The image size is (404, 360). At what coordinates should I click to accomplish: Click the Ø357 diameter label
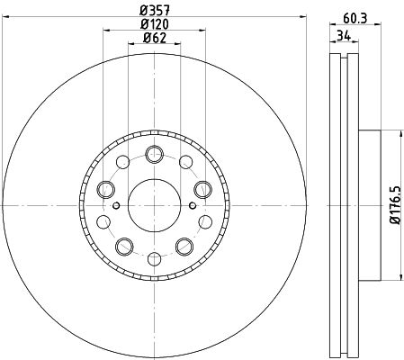[155, 11]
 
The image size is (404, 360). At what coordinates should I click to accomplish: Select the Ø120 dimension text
[155, 24]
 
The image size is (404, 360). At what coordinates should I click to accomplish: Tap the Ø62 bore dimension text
[155, 38]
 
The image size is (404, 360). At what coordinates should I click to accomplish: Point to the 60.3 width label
[355, 19]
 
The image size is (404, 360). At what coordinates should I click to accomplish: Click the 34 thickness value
[344, 36]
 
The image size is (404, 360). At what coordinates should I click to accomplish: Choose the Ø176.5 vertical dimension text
[395, 205]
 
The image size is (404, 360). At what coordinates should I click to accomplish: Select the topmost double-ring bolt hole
[155, 154]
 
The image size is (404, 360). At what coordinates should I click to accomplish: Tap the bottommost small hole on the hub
[155, 259]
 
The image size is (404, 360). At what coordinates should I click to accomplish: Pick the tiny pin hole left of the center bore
[116, 205]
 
